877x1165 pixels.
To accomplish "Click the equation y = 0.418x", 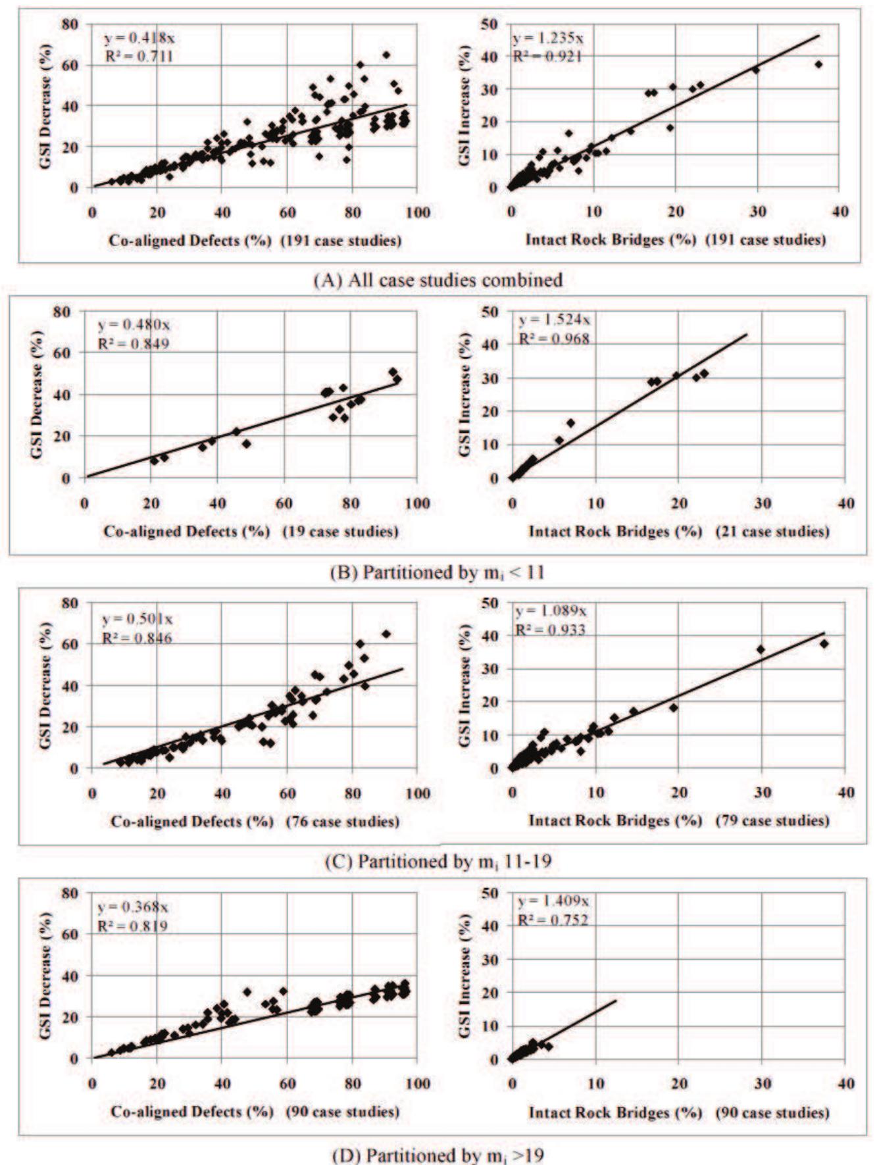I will tap(140, 38).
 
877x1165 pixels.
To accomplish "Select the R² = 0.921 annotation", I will tap(547, 57).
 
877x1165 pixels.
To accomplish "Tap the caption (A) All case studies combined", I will tap(438, 280).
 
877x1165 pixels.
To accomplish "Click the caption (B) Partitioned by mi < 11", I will tap(438, 572).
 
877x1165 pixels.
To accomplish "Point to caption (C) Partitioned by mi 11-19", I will tap(438, 862).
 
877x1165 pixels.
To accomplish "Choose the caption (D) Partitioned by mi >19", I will tap(438, 1154).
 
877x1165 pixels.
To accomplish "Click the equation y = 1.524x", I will tap(555, 320).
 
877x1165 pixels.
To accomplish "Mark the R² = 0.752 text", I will tap(553, 920).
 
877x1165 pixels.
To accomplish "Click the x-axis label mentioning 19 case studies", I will tap(251, 532).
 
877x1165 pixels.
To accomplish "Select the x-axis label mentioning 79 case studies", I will tap(679, 820).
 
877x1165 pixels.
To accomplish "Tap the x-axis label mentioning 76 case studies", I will tap(255, 822).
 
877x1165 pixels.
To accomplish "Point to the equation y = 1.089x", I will tap(551, 611).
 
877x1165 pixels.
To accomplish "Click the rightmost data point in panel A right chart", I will tap(818, 64).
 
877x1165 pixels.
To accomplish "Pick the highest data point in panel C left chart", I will tap(386, 633).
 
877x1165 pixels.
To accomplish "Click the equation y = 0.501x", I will tap(137, 619).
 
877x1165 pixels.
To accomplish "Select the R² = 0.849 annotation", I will tap(134, 343).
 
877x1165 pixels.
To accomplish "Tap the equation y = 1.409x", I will tap(553, 901).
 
